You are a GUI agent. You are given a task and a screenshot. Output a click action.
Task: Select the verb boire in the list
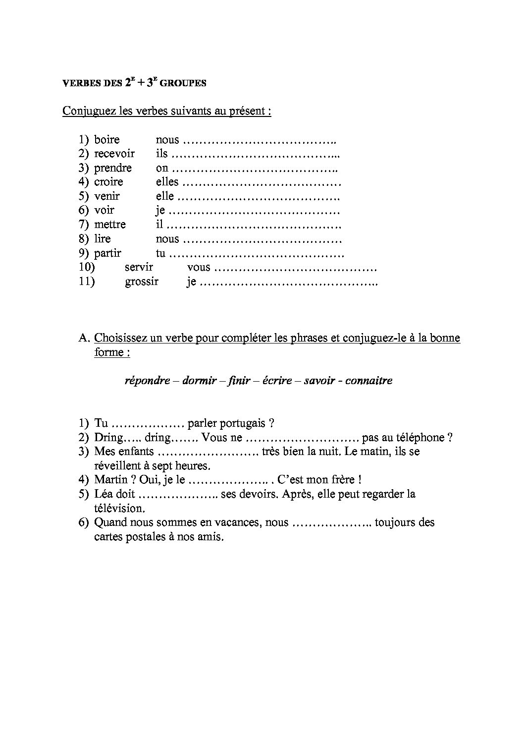(x=107, y=140)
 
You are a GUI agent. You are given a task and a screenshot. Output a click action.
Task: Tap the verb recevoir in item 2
(x=114, y=154)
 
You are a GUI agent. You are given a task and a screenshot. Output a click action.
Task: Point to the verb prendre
(x=113, y=168)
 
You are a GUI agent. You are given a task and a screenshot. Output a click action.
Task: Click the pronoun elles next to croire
(x=167, y=182)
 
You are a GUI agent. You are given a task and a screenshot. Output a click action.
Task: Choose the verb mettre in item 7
(x=110, y=225)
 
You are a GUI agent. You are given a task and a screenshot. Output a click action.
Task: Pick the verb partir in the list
(x=107, y=253)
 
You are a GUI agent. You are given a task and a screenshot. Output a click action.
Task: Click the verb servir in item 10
(x=139, y=268)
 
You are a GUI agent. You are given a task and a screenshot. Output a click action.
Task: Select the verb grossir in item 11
(x=142, y=282)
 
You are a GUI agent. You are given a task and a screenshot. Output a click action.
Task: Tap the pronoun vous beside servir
(x=199, y=268)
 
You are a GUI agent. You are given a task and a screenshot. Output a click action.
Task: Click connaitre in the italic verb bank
(x=368, y=381)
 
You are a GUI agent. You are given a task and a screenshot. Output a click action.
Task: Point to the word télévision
(x=119, y=509)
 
